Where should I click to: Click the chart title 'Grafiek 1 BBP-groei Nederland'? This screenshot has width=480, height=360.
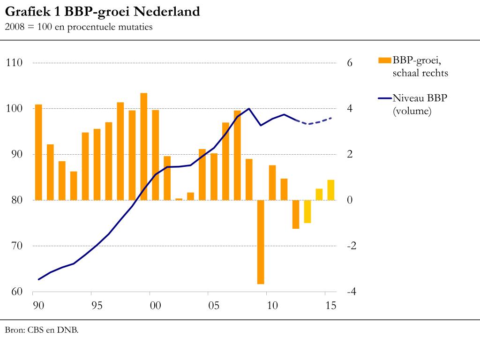(x=102, y=12)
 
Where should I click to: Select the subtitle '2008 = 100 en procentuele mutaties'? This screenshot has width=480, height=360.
(x=79, y=27)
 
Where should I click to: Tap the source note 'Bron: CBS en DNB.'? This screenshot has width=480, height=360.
(x=42, y=330)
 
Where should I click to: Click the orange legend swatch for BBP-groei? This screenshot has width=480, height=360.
(x=384, y=60)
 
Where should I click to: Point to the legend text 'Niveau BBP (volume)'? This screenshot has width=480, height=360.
(x=420, y=104)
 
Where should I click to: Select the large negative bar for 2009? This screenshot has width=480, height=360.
(x=261, y=241)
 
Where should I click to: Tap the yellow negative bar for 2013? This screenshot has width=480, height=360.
(x=307, y=211)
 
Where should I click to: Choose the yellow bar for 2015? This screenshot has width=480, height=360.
(x=331, y=190)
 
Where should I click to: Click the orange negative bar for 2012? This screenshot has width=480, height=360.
(x=296, y=214)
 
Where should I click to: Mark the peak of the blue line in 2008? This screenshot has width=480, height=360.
(x=249, y=109)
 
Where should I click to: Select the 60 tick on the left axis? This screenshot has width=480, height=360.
(x=16, y=292)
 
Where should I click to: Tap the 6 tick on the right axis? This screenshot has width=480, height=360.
(x=349, y=63)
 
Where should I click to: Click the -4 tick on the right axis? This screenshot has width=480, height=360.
(x=351, y=292)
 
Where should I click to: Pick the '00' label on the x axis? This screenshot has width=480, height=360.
(x=155, y=306)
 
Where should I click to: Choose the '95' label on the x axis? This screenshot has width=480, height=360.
(x=97, y=306)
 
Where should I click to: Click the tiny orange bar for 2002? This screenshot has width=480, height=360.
(x=179, y=199)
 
